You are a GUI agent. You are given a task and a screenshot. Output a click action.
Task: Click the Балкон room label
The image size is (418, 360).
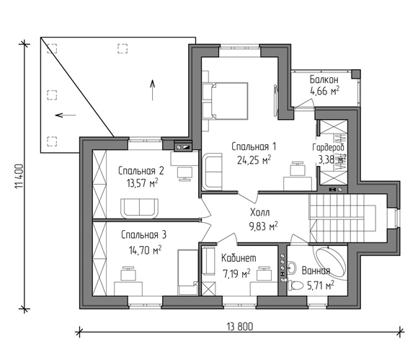pyautogui.click(x=324, y=79)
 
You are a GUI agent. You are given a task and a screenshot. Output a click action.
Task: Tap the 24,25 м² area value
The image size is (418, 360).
pyautogui.click(x=254, y=160)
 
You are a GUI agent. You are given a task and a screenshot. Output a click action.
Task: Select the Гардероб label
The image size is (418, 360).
pyautogui.click(x=329, y=147)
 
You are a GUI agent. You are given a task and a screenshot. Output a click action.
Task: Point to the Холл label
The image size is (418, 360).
pyautogui.click(x=260, y=212)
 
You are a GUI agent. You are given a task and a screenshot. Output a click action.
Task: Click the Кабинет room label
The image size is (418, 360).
pyautogui.click(x=239, y=258)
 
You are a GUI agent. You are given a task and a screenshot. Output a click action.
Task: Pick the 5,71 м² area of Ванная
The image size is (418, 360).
pyautogui.click(x=321, y=286)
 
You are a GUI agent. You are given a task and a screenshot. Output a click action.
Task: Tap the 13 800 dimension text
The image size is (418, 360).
pyautogui.click(x=240, y=326)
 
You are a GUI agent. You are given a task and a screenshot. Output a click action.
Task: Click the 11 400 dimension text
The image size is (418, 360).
pyautogui.click(x=20, y=176)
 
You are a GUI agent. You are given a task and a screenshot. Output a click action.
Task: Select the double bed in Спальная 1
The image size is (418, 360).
pyautogui.click(x=229, y=101)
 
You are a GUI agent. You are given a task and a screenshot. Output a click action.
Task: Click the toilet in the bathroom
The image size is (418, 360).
pyautogui.click(x=295, y=285)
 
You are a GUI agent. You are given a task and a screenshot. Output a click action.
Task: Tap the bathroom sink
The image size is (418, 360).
pyautogui.click(x=292, y=268)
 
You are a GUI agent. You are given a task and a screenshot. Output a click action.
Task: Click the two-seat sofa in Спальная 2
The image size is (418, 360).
pyautogui.click(x=139, y=208)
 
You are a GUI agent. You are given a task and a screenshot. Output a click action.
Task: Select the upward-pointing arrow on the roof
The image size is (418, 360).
pyautogui.click(x=152, y=90)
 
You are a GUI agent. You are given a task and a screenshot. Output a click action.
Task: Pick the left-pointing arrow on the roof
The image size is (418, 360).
pyautogui.click(x=66, y=115)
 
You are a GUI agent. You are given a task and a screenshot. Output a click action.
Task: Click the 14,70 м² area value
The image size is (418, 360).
pyautogui.click(x=145, y=250)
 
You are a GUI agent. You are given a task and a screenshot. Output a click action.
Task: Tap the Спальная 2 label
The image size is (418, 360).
pyautogui.click(x=141, y=171)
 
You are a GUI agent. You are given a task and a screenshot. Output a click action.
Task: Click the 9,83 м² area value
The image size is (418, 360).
pyautogui.click(x=263, y=227)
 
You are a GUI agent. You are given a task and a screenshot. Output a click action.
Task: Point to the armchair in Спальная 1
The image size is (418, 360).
pyautogui.click(x=213, y=172)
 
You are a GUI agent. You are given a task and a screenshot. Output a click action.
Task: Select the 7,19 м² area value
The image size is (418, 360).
pyautogui.click(x=236, y=273)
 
